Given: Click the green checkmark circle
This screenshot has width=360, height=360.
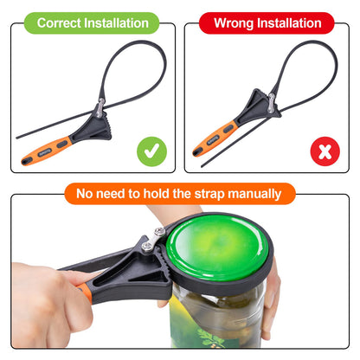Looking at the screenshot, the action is pyautogui.click(x=151, y=151).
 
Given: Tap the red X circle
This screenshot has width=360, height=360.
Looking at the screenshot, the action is pyautogui.click(x=325, y=151).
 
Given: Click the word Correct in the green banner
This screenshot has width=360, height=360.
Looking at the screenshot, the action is pyautogui.click(x=59, y=23).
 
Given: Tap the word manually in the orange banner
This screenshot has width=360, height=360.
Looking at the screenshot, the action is pyautogui.click(x=254, y=194).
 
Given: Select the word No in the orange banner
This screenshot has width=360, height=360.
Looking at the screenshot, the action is pyautogui.click(x=85, y=194).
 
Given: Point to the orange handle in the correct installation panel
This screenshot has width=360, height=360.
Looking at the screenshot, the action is pyautogui.click(x=47, y=151).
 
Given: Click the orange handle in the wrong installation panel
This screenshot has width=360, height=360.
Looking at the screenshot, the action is pyautogui.click(x=215, y=138).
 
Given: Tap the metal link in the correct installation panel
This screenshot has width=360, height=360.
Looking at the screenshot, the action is pyautogui.click(x=100, y=108).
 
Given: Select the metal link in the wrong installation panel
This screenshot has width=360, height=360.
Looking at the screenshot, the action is pyautogui.click(x=271, y=103).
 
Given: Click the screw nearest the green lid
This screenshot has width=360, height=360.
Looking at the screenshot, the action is pyautogui.click(x=159, y=231).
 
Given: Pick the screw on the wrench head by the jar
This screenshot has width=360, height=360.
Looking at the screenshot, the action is pyautogui.click(x=147, y=247).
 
